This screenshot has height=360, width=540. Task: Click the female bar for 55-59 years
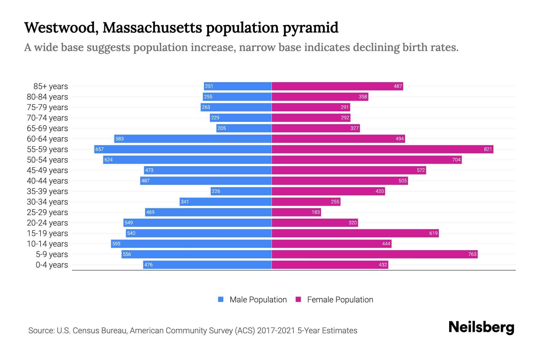point(382,149)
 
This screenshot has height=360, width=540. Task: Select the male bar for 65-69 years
point(244,128)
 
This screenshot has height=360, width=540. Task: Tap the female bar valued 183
point(296,212)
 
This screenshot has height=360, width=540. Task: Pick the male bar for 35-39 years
point(241,191)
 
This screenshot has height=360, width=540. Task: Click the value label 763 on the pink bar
point(472,254)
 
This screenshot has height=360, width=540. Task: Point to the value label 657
point(100,149)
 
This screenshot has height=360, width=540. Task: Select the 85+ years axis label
point(51,86)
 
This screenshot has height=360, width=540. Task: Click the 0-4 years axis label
point(52,265)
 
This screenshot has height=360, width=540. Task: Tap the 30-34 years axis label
point(47,202)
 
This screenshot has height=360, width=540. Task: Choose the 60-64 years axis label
point(47,139)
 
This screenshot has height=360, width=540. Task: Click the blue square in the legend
point(221,299)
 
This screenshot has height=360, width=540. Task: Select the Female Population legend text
point(340,300)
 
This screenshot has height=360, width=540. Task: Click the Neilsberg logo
point(481,327)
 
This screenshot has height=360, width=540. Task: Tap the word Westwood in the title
point(61,28)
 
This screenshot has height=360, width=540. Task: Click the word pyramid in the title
point(310,28)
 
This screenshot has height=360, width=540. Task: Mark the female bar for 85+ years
point(337,86)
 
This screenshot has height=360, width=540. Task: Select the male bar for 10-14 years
point(191,244)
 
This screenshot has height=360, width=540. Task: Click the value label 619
point(433,233)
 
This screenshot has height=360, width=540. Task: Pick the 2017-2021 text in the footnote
point(276,331)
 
